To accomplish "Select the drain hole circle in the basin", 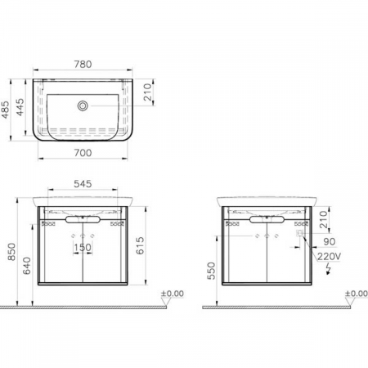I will pyautogui.click(x=83, y=105).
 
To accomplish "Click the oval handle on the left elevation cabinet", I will pyautogui.click(x=83, y=221).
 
